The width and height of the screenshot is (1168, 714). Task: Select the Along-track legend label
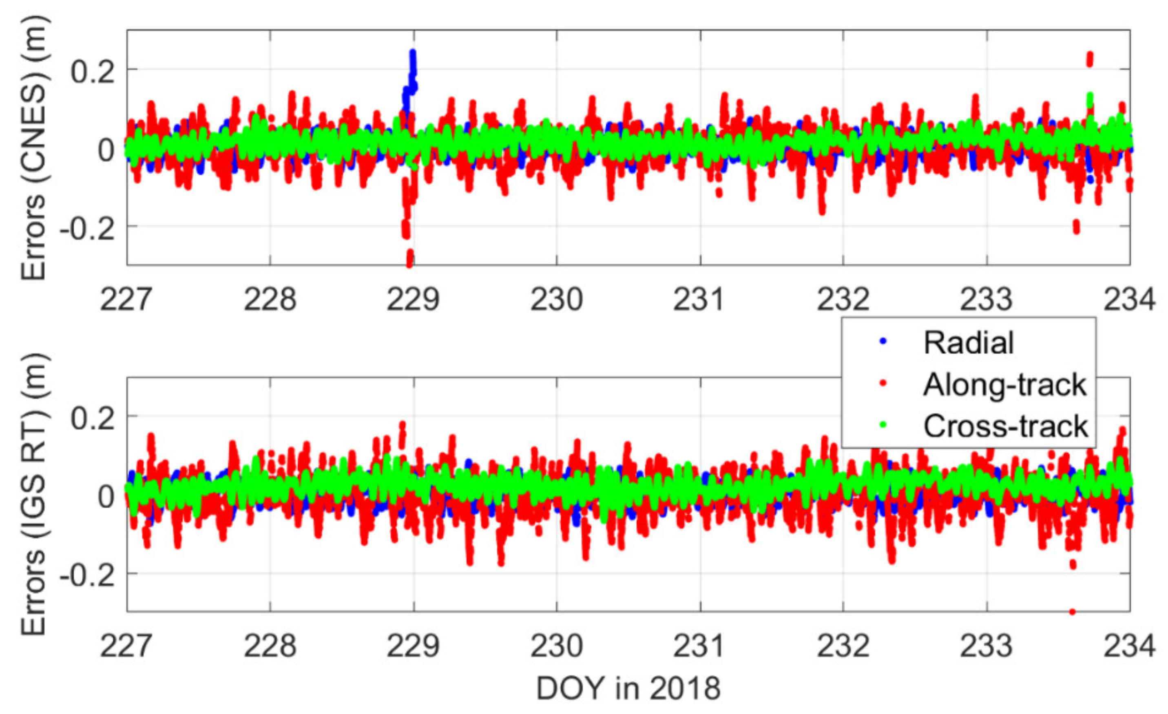coord(1004,384)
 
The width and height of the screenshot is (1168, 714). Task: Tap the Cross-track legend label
coord(1005,426)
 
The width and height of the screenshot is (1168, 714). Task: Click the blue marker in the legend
coord(883,342)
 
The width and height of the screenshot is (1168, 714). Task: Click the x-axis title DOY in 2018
coord(628,688)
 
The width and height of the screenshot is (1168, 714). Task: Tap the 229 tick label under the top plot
coord(414,300)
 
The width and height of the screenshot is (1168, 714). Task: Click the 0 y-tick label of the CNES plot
coord(106,150)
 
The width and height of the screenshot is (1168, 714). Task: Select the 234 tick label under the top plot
coord(1129,300)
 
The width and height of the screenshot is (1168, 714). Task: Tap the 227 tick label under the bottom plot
coord(126,646)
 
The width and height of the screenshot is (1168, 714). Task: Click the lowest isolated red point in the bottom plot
coord(1072,612)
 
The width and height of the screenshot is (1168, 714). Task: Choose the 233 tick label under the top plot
coord(987,300)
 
